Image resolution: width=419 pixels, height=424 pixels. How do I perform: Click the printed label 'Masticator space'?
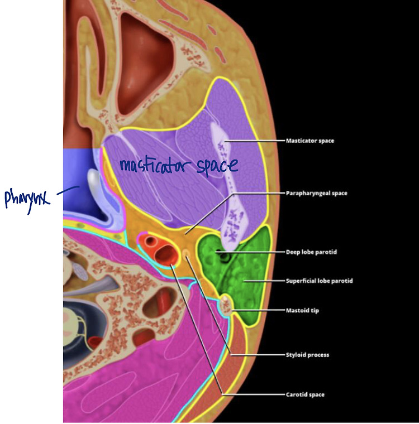click(x=310, y=141)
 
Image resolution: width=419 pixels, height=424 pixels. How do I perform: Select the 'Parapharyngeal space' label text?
click(x=316, y=193)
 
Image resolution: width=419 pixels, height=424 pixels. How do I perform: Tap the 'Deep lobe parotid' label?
click(x=311, y=252)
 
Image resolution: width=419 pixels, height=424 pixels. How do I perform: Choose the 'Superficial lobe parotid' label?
click(x=319, y=281)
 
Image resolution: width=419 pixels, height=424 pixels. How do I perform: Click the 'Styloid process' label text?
click(x=307, y=355)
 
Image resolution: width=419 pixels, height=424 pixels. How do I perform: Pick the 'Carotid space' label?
click(x=305, y=394)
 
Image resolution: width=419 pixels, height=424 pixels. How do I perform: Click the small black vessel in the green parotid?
click(x=225, y=257)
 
